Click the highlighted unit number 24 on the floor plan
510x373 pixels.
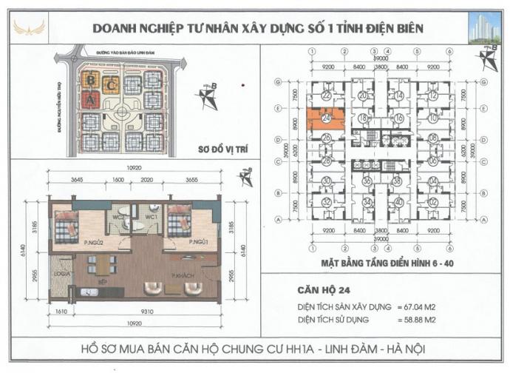tap(326, 117)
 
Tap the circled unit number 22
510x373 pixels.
tap(326, 95)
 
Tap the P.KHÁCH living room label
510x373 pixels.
tap(183, 277)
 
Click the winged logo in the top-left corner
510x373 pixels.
tap(29, 27)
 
